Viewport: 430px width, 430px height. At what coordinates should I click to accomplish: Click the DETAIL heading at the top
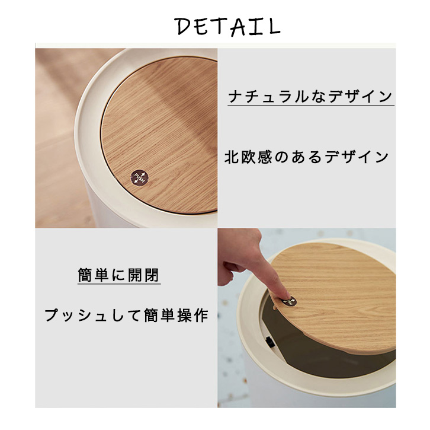(227, 26)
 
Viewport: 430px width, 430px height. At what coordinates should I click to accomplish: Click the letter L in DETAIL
(274, 26)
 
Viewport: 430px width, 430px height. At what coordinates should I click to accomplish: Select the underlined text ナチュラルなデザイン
(310, 97)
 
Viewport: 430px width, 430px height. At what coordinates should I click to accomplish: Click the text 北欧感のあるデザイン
(307, 157)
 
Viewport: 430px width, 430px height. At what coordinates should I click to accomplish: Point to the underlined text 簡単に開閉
(118, 275)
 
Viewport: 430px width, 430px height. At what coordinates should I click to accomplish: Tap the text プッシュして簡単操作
(126, 315)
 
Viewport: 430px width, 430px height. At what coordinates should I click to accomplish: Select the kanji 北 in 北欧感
(232, 157)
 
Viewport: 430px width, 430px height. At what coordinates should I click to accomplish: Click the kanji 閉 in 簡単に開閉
(152, 275)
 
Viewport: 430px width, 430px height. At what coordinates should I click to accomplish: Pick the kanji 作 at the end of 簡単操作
(201, 315)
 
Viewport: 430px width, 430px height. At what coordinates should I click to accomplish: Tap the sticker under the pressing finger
(289, 301)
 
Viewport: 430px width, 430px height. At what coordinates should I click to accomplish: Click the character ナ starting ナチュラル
(235, 97)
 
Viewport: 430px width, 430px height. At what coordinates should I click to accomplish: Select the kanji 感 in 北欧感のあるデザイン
(265, 157)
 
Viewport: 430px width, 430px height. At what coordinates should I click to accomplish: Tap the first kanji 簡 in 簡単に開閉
(85, 275)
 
